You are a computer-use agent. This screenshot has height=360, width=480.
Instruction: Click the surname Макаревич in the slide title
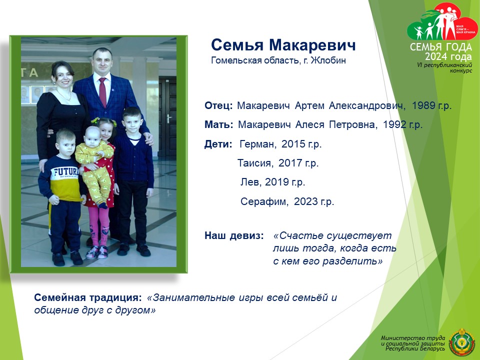tap(312, 45)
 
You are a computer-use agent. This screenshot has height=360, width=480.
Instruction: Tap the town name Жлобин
tap(328, 60)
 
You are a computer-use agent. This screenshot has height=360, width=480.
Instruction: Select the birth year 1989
tap(423, 105)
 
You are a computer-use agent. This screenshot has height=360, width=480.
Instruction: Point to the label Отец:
tap(218, 105)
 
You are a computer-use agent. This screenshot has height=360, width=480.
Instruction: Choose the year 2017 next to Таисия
tap(290, 163)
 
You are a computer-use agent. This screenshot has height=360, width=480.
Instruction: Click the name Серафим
tap(264, 201)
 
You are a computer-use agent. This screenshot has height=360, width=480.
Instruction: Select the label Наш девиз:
tap(234, 235)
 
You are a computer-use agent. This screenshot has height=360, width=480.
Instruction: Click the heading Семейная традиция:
tap(88, 297)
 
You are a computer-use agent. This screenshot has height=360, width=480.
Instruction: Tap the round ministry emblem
tap(461, 342)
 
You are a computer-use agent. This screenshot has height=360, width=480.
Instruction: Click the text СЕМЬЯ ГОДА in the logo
tap(441, 47)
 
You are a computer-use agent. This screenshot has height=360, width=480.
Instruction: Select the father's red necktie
tap(102, 92)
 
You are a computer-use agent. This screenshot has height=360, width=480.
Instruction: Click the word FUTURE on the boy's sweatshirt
tap(66, 172)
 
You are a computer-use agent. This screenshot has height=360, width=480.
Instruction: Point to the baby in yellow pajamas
tap(95, 165)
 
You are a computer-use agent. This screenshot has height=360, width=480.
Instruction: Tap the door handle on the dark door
tap(168, 118)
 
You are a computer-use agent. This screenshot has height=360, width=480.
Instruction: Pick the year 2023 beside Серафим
tap(306, 201)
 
